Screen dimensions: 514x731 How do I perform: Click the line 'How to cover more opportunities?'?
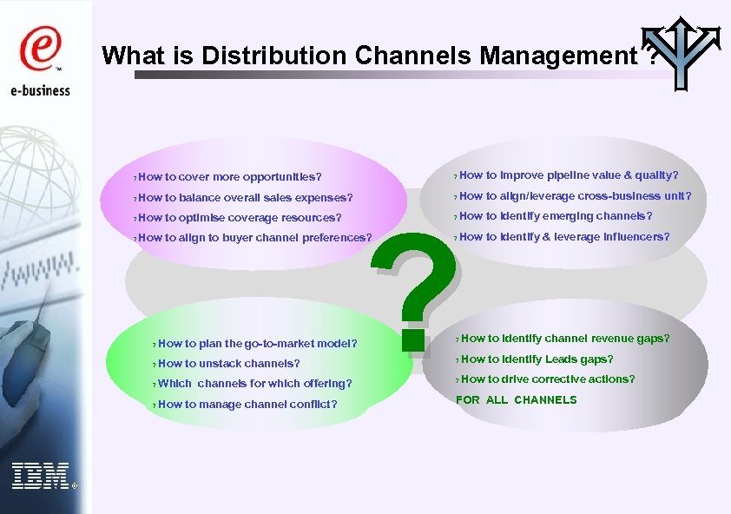click(x=229, y=177)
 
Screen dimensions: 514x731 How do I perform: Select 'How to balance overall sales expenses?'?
click(x=245, y=198)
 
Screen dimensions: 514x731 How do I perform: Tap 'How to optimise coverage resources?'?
click(x=239, y=218)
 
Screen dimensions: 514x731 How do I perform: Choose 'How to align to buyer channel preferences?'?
click(x=254, y=238)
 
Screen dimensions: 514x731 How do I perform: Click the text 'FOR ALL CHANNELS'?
click(x=517, y=400)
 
